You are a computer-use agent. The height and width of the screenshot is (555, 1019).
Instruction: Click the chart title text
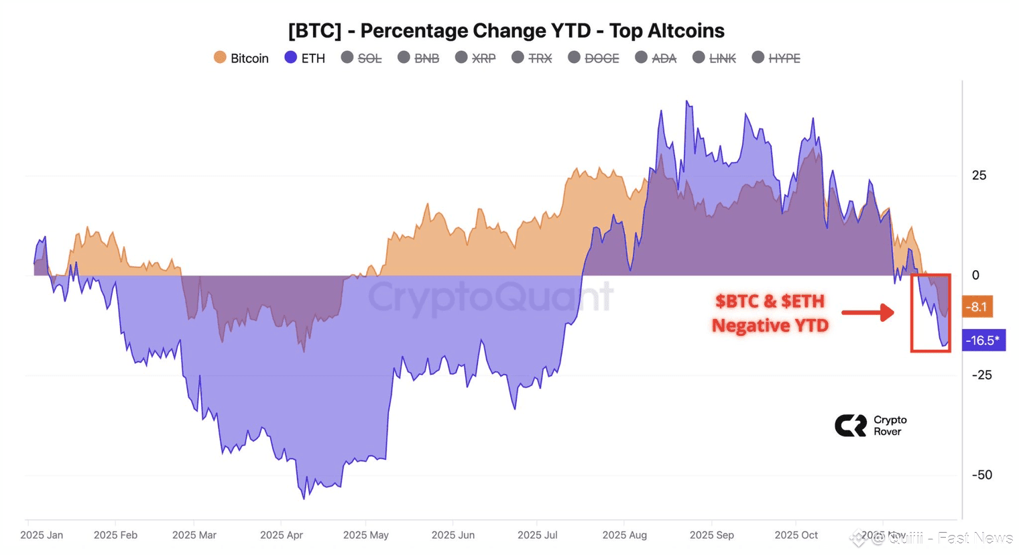pyautogui.click(x=506, y=31)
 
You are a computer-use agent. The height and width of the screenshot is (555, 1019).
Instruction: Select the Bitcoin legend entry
pyautogui.click(x=241, y=58)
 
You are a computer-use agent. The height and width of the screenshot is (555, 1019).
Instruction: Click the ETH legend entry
pyautogui.click(x=305, y=58)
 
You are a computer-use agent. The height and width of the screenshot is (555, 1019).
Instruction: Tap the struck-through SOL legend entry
pyautogui.click(x=362, y=58)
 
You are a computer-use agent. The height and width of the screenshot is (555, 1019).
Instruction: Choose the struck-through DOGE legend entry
pyautogui.click(x=594, y=58)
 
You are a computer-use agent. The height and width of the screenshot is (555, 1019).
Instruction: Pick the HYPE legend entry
pyautogui.click(x=776, y=58)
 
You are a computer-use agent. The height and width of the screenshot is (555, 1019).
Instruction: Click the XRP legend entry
pyautogui.click(x=476, y=58)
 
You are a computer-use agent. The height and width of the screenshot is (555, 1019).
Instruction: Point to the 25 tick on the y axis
pyautogui.click(x=979, y=176)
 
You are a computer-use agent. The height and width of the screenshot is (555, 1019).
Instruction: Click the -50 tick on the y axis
pyautogui.click(x=982, y=475)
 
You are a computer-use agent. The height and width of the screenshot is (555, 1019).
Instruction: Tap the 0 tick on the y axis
pyautogui.click(x=975, y=275)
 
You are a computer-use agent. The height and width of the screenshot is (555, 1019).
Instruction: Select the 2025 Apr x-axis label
pyautogui.click(x=282, y=535)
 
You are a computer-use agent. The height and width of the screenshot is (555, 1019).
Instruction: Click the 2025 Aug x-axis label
pyautogui.click(x=624, y=535)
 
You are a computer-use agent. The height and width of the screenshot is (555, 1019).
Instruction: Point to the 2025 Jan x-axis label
pyautogui.click(x=42, y=535)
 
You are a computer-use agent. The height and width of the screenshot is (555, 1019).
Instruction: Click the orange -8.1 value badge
pyautogui.click(x=977, y=307)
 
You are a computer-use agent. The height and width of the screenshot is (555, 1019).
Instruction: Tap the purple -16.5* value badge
pyautogui.click(x=983, y=341)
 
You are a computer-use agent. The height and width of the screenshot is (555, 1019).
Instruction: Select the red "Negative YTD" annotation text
pyautogui.click(x=770, y=326)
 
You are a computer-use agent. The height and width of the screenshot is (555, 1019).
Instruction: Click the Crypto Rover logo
pyautogui.click(x=870, y=426)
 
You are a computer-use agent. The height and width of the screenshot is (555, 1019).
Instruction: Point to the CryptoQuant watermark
pyautogui.click(x=490, y=297)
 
